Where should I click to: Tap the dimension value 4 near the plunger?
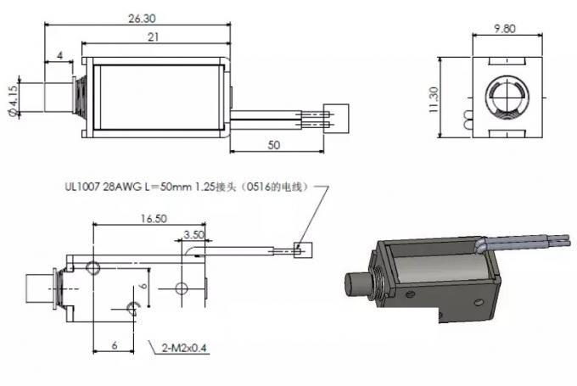click(59, 56)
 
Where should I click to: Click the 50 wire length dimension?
click(273, 145)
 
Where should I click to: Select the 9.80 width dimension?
click(505, 27)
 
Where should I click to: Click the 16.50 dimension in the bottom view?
click(153, 218)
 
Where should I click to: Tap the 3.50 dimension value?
click(193, 234)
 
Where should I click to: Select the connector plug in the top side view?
click(337, 115)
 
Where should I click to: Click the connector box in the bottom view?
click(303, 249)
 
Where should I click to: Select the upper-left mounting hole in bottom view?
click(93, 267)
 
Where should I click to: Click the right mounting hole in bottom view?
click(181, 288)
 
